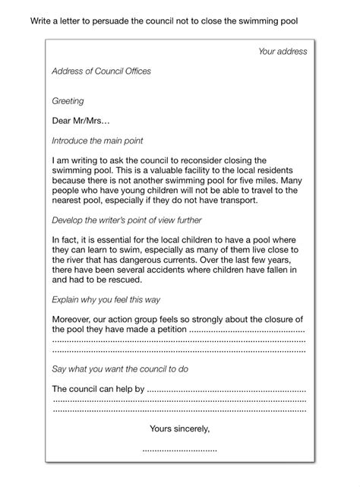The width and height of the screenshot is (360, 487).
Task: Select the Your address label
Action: coord(283,52)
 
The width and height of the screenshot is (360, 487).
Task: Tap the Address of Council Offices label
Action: coord(101,71)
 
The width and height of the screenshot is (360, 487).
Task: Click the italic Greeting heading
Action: coord(68,101)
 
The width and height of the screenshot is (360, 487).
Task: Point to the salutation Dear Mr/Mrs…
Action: coord(81,121)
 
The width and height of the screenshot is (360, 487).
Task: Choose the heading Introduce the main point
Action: coord(97,141)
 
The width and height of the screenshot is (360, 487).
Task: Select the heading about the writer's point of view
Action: coord(127,220)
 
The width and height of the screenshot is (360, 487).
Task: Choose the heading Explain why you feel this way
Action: coord(106,299)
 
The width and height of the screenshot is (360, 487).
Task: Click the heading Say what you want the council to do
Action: coord(120,369)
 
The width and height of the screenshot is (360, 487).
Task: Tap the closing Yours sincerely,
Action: coord(179,428)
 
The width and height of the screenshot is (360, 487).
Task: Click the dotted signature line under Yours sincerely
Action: coord(179,450)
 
